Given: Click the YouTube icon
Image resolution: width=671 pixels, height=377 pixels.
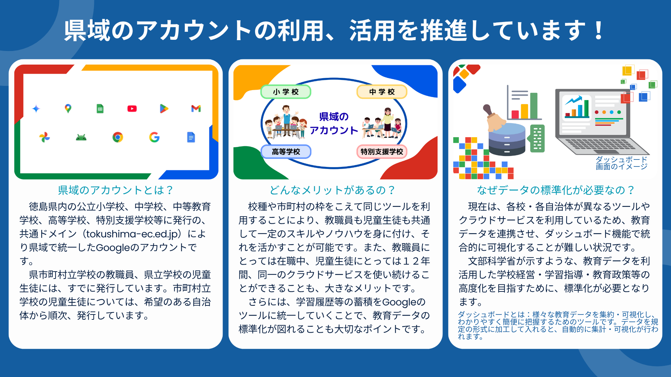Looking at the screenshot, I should [132, 109].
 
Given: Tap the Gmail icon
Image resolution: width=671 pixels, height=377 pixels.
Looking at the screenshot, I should [196, 109].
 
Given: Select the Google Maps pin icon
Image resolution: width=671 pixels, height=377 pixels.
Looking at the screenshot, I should [68, 109].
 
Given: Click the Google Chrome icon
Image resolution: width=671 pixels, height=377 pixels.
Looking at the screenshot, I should [118, 137].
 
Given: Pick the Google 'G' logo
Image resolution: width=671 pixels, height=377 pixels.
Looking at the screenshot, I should [154, 137].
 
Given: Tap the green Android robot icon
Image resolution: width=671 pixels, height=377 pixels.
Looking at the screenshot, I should [81, 138].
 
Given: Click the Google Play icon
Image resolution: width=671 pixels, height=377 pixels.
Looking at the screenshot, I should [164, 109].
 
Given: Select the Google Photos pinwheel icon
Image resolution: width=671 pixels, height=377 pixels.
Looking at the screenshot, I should [45, 137].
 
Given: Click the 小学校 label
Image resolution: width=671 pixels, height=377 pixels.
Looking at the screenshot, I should [286, 92].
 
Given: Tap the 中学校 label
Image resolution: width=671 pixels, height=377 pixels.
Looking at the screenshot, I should [382, 92].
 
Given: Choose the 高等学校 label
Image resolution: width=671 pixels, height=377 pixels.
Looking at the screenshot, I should [286, 152].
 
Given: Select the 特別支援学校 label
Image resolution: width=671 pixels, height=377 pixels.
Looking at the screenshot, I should [382, 152].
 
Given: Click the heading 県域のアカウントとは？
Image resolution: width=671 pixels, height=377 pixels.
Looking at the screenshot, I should [116, 190].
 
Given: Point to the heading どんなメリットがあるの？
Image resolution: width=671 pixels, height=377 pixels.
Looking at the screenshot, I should [332, 190].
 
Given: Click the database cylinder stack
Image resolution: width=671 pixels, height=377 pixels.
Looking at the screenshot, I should [507, 140].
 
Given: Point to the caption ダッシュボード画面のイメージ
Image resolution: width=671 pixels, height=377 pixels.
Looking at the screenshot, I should [621, 163].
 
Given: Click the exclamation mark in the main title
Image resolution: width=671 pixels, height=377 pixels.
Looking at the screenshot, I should [599, 31].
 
